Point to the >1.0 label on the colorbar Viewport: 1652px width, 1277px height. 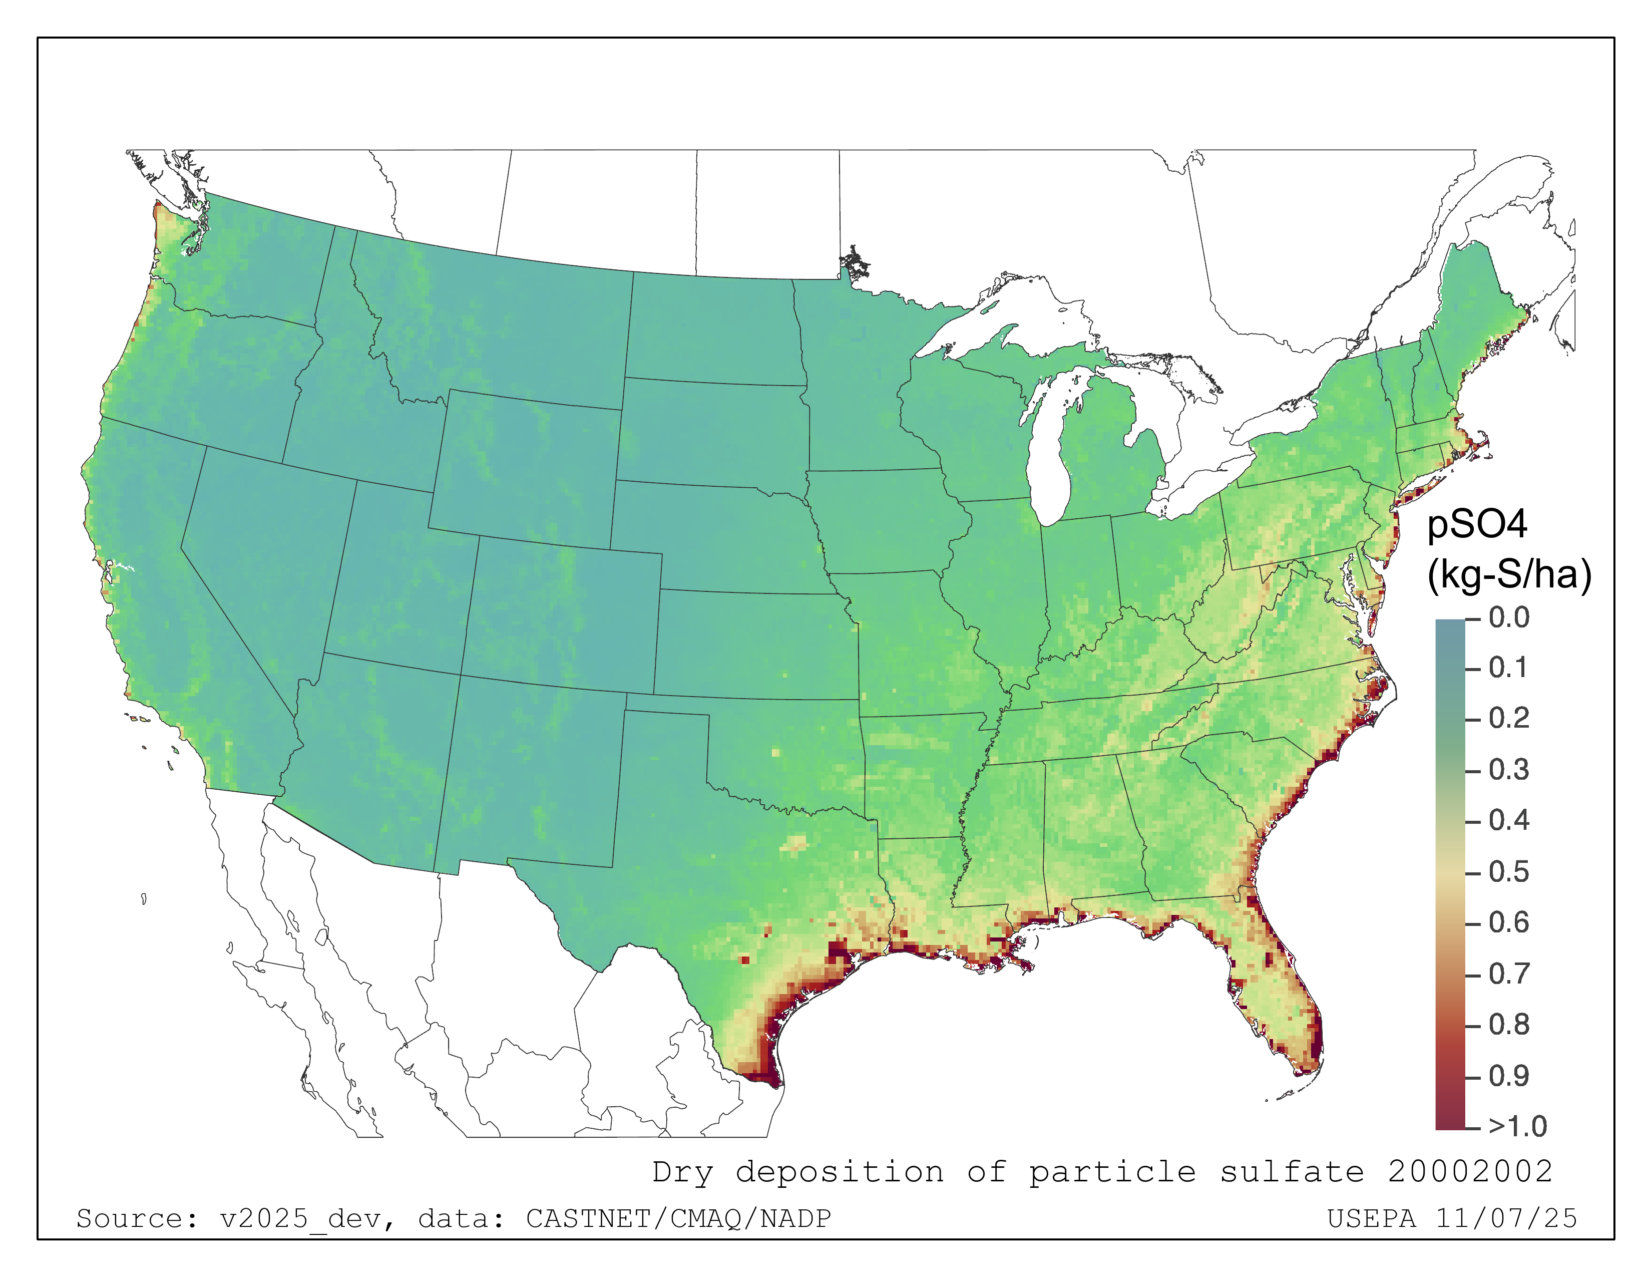click(1517, 1126)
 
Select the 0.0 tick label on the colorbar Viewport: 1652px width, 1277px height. click(1508, 617)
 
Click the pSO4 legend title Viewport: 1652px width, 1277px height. click(1476, 524)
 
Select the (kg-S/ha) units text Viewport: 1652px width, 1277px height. click(1509, 574)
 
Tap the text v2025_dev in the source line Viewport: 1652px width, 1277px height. click(306, 1219)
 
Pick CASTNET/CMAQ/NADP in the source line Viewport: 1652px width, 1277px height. click(678, 1219)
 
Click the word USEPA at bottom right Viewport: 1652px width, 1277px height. click(1371, 1219)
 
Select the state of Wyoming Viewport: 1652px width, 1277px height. click(526, 469)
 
